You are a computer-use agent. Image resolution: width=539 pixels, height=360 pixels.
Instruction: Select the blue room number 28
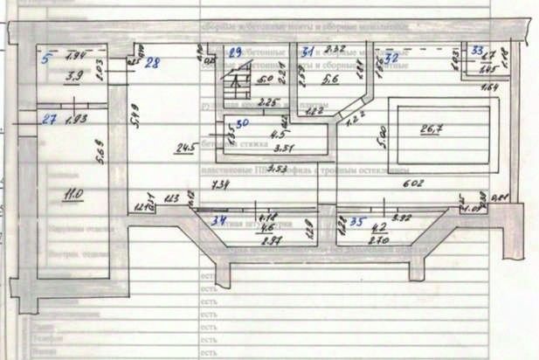[153, 62]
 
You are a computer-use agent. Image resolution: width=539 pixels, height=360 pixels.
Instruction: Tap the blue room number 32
[391, 56]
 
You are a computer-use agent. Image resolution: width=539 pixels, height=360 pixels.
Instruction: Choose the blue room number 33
[476, 50]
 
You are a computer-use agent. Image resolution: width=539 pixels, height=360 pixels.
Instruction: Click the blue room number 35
[357, 222]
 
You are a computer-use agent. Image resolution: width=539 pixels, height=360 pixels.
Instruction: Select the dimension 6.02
[411, 183]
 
